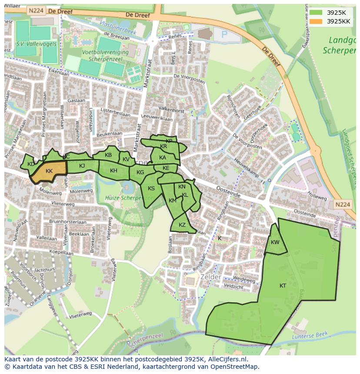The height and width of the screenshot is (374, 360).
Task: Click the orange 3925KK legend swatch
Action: click(316, 21)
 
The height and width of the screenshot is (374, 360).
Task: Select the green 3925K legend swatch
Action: click(316, 13)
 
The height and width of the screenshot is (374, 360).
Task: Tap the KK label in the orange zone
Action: click(49, 171)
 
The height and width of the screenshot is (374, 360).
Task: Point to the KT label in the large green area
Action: click(283, 285)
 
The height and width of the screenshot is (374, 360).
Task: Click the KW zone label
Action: click(275, 242)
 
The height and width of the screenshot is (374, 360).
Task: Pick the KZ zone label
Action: click(182, 225)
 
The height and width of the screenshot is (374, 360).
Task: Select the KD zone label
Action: click(31, 164)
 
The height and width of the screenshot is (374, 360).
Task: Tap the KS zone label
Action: click(151, 189)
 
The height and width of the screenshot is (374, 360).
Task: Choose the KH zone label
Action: click(113, 171)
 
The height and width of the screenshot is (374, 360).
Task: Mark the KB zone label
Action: click(108, 155)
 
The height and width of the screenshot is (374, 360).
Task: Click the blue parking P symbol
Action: click(224, 34)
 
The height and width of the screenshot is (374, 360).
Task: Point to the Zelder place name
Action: click(210, 277)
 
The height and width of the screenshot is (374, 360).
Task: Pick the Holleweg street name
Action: click(317, 196)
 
